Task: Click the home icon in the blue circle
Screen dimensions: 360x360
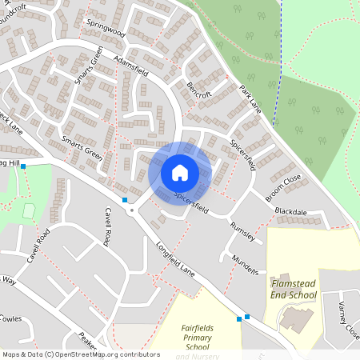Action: [180, 172]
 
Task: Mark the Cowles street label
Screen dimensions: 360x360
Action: [10, 318]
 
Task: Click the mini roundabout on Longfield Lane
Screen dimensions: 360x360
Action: [131, 211]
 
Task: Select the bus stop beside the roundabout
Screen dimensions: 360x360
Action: [125, 199]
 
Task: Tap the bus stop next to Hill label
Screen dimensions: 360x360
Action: [23, 166]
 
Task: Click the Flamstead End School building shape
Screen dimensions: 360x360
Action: [298, 318]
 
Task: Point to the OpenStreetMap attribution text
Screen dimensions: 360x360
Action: [81, 354]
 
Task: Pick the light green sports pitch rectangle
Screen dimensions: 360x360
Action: [30, 211]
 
